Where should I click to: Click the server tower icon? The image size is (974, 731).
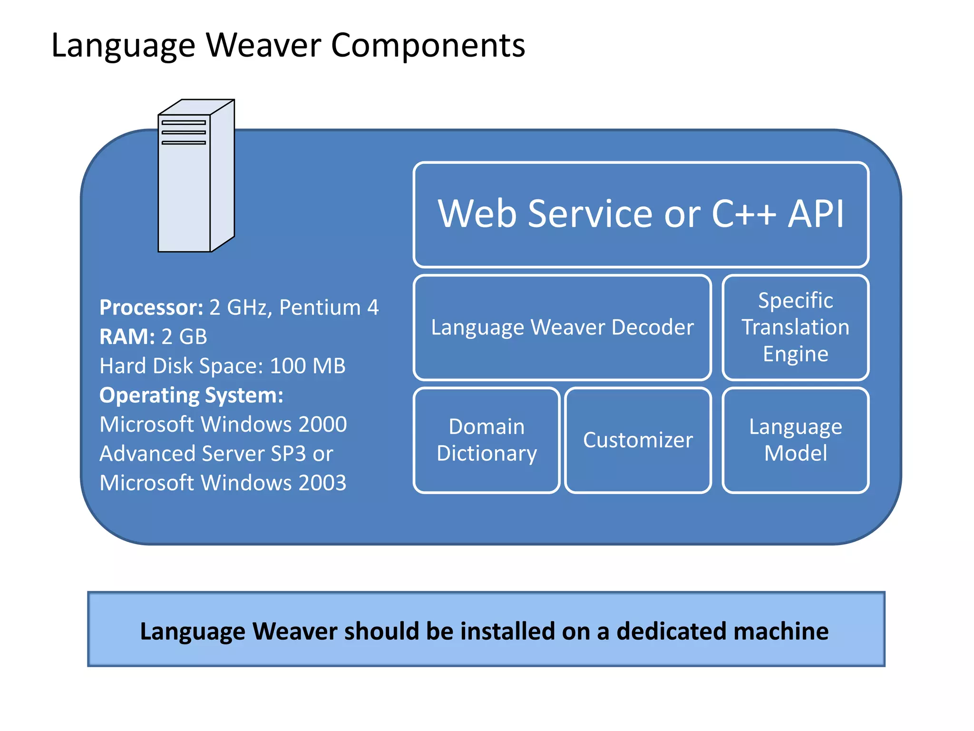pos(195,177)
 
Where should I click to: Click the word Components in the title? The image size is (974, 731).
pos(428,46)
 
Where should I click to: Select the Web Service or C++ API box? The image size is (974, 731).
pos(641,215)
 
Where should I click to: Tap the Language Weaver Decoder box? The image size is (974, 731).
pos(562,327)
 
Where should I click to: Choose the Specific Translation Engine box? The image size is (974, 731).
pos(795,327)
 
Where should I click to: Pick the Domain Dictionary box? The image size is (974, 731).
pos(487,440)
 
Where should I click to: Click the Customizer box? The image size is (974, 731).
pos(638,440)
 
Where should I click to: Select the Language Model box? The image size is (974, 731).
pos(795,440)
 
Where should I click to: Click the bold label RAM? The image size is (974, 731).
pos(127,337)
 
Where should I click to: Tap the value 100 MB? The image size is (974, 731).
pos(307,366)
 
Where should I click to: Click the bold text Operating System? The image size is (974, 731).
pos(191,395)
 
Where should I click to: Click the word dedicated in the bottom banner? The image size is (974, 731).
pos(671,631)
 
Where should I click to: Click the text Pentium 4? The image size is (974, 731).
pos(329,307)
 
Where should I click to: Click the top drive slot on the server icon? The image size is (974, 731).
pos(184,123)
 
